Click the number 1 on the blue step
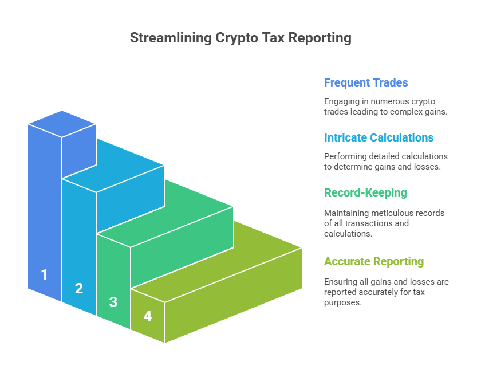pos(45,274)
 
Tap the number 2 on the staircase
pos(79,288)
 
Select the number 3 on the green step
pos(113,302)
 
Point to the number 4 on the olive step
pos(148,316)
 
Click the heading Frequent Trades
pos(366,82)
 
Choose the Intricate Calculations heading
pos(379,137)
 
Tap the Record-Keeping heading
pos(366,193)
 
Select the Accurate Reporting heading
pos(374,262)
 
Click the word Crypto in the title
pos(237,38)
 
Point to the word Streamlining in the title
pos(171,38)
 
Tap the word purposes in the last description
pos(343,302)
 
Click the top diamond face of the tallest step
pos(62,124)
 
